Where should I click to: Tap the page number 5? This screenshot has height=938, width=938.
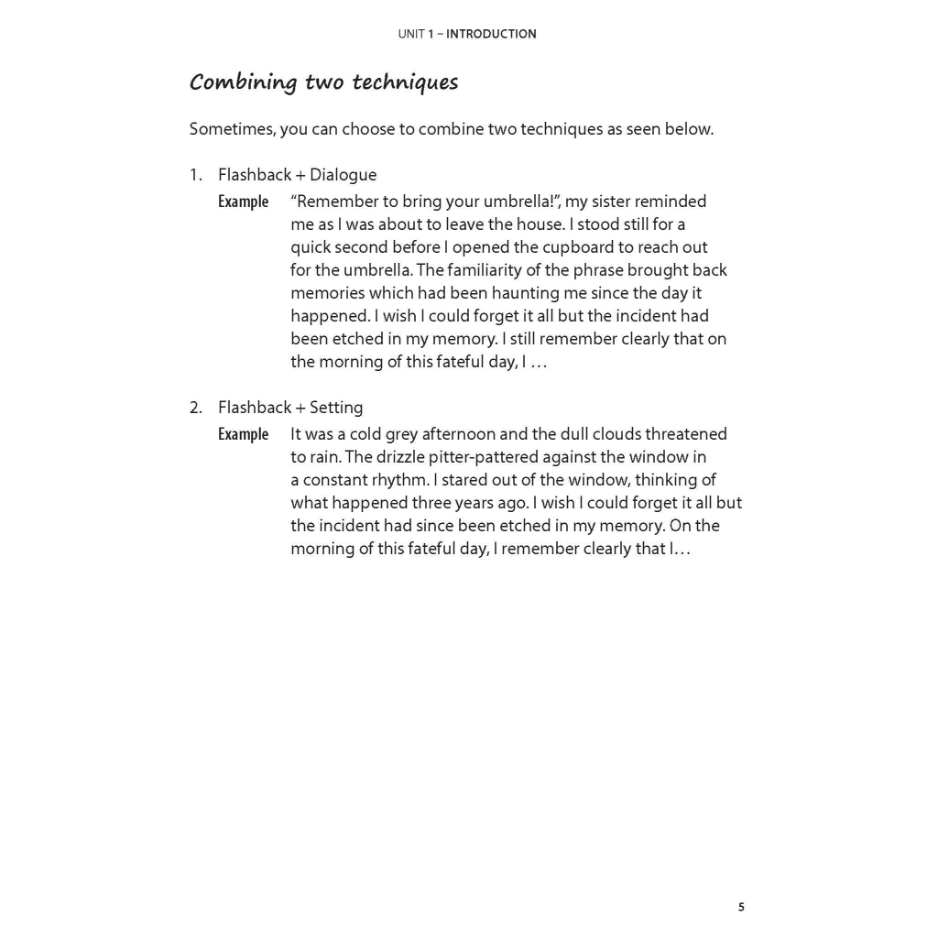741,908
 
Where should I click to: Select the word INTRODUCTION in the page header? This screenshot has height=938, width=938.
491,34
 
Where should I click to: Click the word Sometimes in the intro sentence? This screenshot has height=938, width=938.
231,129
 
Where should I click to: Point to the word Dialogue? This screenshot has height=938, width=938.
343,175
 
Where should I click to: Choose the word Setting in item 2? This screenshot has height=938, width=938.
336,408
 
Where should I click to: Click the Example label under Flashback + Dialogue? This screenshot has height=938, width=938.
243,202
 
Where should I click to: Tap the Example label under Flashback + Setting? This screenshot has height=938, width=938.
243,434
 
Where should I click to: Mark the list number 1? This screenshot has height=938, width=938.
195,175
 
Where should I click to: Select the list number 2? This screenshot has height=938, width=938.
195,408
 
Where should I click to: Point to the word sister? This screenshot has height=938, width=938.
596,202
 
